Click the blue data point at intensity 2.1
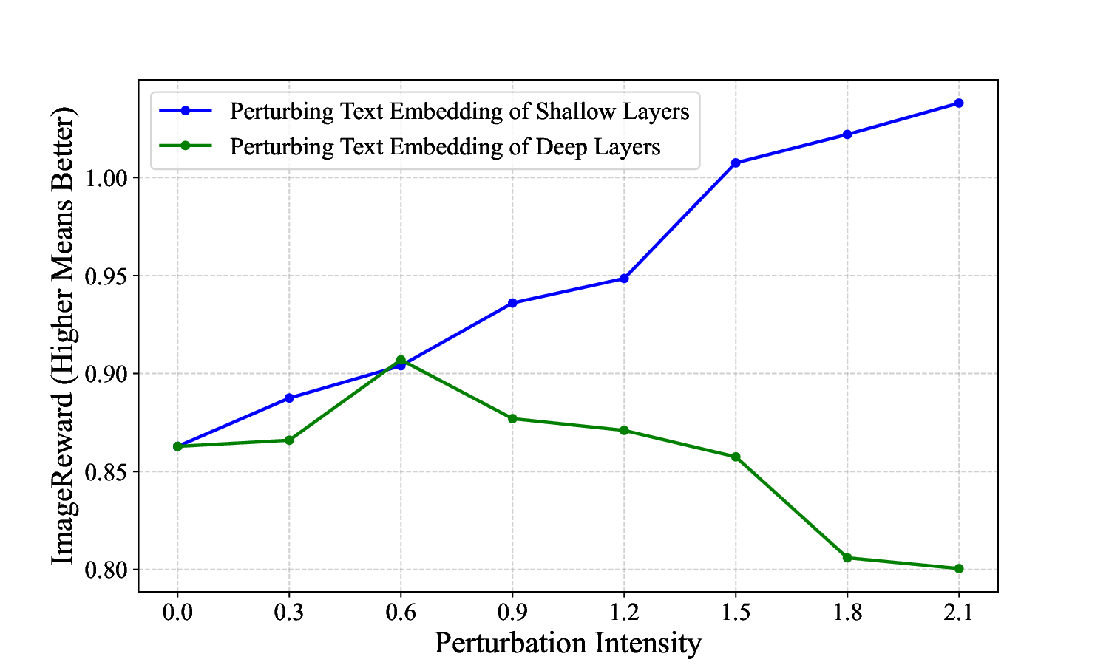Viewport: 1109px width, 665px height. point(958,103)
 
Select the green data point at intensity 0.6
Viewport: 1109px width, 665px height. point(401,360)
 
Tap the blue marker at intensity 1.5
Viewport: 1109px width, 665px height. point(736,163)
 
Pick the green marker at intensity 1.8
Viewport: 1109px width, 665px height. point(847,558)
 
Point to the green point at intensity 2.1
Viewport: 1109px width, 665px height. point(958,568)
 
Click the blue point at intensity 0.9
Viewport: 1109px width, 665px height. point(512,303)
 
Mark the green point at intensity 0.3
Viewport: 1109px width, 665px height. point(289,440)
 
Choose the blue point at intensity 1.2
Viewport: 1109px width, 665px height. point(624,279)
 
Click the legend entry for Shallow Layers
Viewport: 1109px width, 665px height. point(459,111)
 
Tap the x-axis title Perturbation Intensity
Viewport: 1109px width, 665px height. point(567,643)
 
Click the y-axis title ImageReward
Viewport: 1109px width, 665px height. point(63,335)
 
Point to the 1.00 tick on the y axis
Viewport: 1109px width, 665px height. point(107,178)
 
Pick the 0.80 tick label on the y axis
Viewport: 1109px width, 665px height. point(107,570)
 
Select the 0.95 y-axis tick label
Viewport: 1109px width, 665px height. point(107,276)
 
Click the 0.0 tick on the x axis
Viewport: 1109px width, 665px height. point(177,612)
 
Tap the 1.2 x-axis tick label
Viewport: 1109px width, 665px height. point(624,612)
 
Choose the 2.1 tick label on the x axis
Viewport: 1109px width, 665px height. point(958,612)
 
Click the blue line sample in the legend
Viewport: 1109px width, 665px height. point(186,111)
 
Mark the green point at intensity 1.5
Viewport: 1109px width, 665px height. point(736,457)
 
